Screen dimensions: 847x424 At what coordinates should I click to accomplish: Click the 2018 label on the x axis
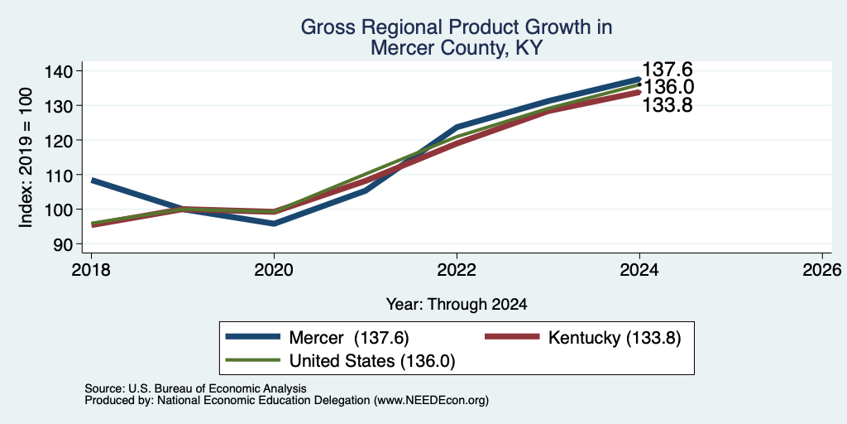91,269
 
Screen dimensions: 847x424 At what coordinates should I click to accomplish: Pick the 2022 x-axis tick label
457,269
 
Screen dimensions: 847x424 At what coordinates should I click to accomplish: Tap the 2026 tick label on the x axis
822,269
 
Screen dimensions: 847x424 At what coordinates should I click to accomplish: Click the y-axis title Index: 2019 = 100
26,157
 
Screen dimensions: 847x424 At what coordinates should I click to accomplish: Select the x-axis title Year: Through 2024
457,305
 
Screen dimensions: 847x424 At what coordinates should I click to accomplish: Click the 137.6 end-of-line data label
668,70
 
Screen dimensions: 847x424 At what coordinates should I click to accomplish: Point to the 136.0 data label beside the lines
668,87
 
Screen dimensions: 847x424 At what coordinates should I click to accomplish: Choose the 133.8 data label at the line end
668,105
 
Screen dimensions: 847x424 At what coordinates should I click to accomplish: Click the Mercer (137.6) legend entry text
349,338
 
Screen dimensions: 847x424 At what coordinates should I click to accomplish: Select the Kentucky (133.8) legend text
615,338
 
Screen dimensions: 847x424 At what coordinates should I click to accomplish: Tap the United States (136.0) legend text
372,361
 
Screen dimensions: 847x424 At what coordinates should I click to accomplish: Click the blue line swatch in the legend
253,337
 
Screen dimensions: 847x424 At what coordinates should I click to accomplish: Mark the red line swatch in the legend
512,337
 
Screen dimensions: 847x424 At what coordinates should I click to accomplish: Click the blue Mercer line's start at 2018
92,180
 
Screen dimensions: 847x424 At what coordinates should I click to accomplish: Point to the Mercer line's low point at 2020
275,224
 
